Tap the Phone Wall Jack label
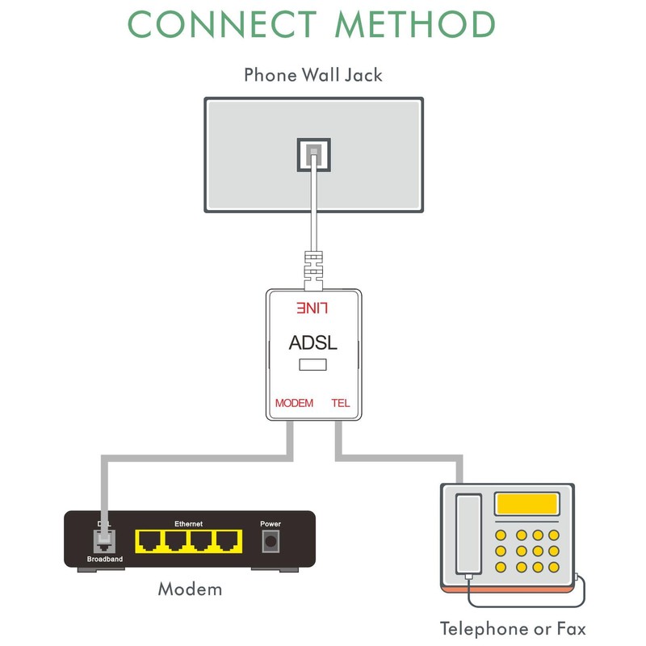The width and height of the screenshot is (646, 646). pos(313,76)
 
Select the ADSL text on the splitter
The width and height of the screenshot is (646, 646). pos(313,342)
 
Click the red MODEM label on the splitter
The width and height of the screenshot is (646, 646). pos(294,402)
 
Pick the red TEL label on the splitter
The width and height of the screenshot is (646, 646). pos(341,402)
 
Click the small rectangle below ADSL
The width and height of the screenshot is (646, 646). pos(313,366)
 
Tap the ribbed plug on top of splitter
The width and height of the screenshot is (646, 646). pos(313,269)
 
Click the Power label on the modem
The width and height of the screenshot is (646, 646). pos(271,524)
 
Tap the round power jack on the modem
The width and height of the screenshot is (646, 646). pos(271,542)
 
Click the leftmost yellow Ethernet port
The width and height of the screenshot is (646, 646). pos(149,540)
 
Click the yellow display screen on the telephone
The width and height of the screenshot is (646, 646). pos(527,505)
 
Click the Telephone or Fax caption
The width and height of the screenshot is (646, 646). pos(513,628)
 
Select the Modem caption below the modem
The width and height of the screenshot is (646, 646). pos(190,589)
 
